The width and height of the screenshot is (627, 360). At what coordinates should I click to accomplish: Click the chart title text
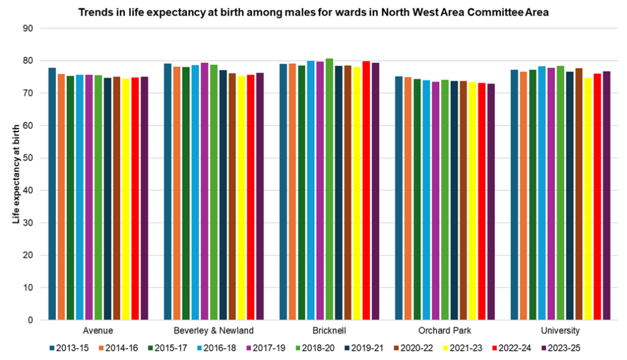pos(313,12)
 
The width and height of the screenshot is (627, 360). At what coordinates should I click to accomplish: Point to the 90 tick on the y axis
pos(28,29)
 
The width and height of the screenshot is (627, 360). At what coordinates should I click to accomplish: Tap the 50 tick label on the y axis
pos(28,158)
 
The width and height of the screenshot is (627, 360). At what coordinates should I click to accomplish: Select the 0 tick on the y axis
pos(30,320)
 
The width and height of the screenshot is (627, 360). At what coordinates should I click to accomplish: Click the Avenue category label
pos(98,331)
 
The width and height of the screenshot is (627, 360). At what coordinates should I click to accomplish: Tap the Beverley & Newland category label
pos(213,331)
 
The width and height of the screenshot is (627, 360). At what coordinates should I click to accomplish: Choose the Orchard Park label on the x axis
pos(444,331)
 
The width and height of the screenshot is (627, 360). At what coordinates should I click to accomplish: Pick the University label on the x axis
pos(560,331)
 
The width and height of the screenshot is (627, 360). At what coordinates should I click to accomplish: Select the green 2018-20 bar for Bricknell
pos(329,189)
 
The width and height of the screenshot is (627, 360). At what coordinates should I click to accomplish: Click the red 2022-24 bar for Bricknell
pos(366,190)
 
